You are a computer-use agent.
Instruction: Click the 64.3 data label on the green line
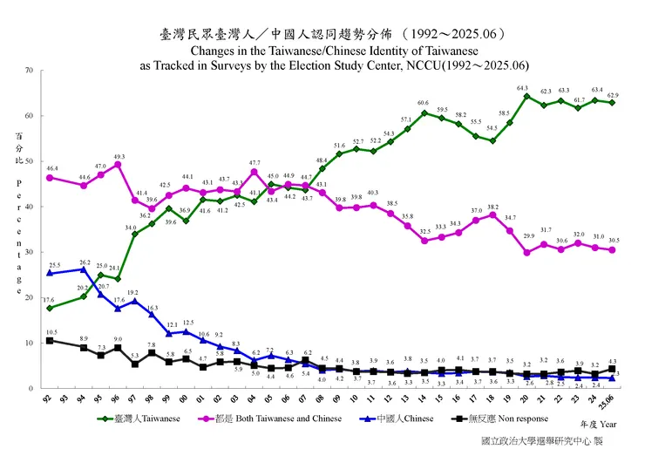(522, 88)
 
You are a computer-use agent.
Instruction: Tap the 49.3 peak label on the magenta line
(119, 156)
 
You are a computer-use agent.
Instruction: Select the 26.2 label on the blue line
(85, 262)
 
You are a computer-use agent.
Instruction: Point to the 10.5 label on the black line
(51, 331)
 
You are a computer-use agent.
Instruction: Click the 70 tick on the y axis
(30, 70)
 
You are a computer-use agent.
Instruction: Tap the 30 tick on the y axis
(30, 252)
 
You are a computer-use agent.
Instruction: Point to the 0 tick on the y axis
(32, 388)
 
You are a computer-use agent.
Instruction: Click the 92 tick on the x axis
(50, 398)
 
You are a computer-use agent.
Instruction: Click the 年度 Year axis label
(595, 423)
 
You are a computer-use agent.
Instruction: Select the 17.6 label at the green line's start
(51, 299)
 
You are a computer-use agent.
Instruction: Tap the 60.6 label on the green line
(423, 103)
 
